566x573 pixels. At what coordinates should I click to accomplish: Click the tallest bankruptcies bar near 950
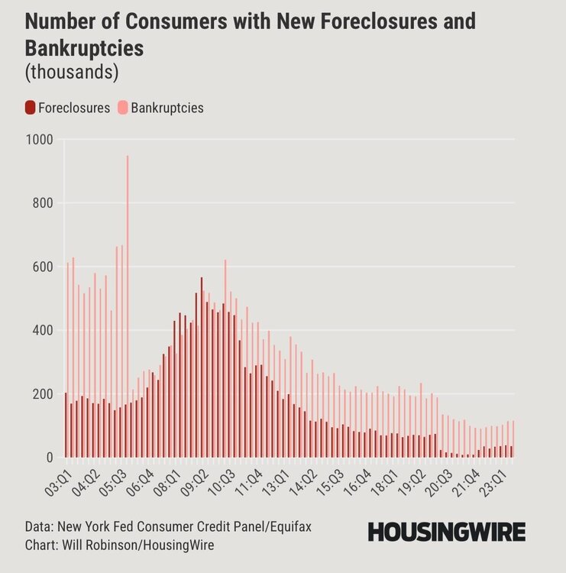point(128,306)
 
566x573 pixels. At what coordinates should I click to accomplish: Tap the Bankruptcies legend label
point(167,108)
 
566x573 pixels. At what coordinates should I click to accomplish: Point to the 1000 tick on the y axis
point(38,139)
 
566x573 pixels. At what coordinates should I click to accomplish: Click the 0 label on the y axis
point(48,458)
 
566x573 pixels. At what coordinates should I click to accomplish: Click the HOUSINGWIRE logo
point(446,532)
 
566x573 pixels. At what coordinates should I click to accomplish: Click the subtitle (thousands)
point(71,73)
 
